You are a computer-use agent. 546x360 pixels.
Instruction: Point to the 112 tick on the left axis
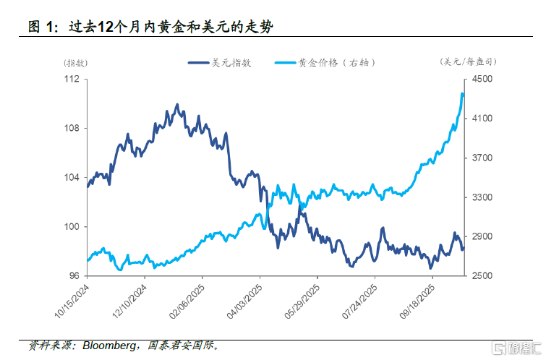[x=71, y=79]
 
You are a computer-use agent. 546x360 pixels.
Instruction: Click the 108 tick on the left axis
[x=71, y=128]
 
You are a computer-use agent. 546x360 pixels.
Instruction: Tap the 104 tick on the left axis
[x=71, y=178]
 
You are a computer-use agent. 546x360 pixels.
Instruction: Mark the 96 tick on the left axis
[x=73, y=276]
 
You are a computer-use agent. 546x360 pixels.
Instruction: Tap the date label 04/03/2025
[x=244, y=302]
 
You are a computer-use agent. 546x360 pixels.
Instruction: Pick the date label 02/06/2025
[x=187, y=302]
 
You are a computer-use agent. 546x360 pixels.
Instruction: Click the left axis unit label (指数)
[x=74, y=62]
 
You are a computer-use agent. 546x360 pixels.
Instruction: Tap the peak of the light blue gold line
[x=462, y=93]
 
